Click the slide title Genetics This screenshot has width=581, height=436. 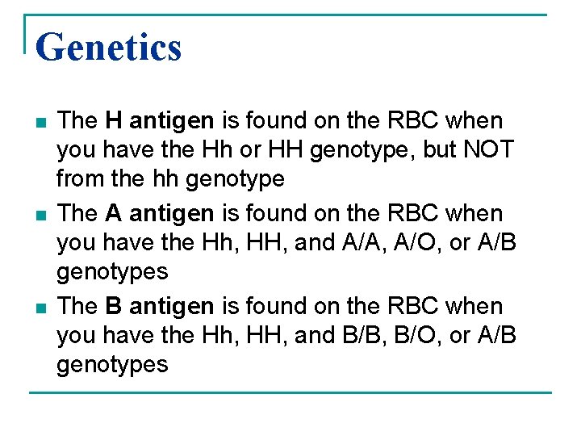point(109,47)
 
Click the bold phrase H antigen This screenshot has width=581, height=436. point(160,121)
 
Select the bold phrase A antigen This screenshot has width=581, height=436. point(160,214)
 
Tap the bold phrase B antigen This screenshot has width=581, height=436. point(160,307)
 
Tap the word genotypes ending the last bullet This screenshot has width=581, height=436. point(112,363)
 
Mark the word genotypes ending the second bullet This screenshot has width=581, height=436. point(112,270)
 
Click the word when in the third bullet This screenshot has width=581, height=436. point(474,307)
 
